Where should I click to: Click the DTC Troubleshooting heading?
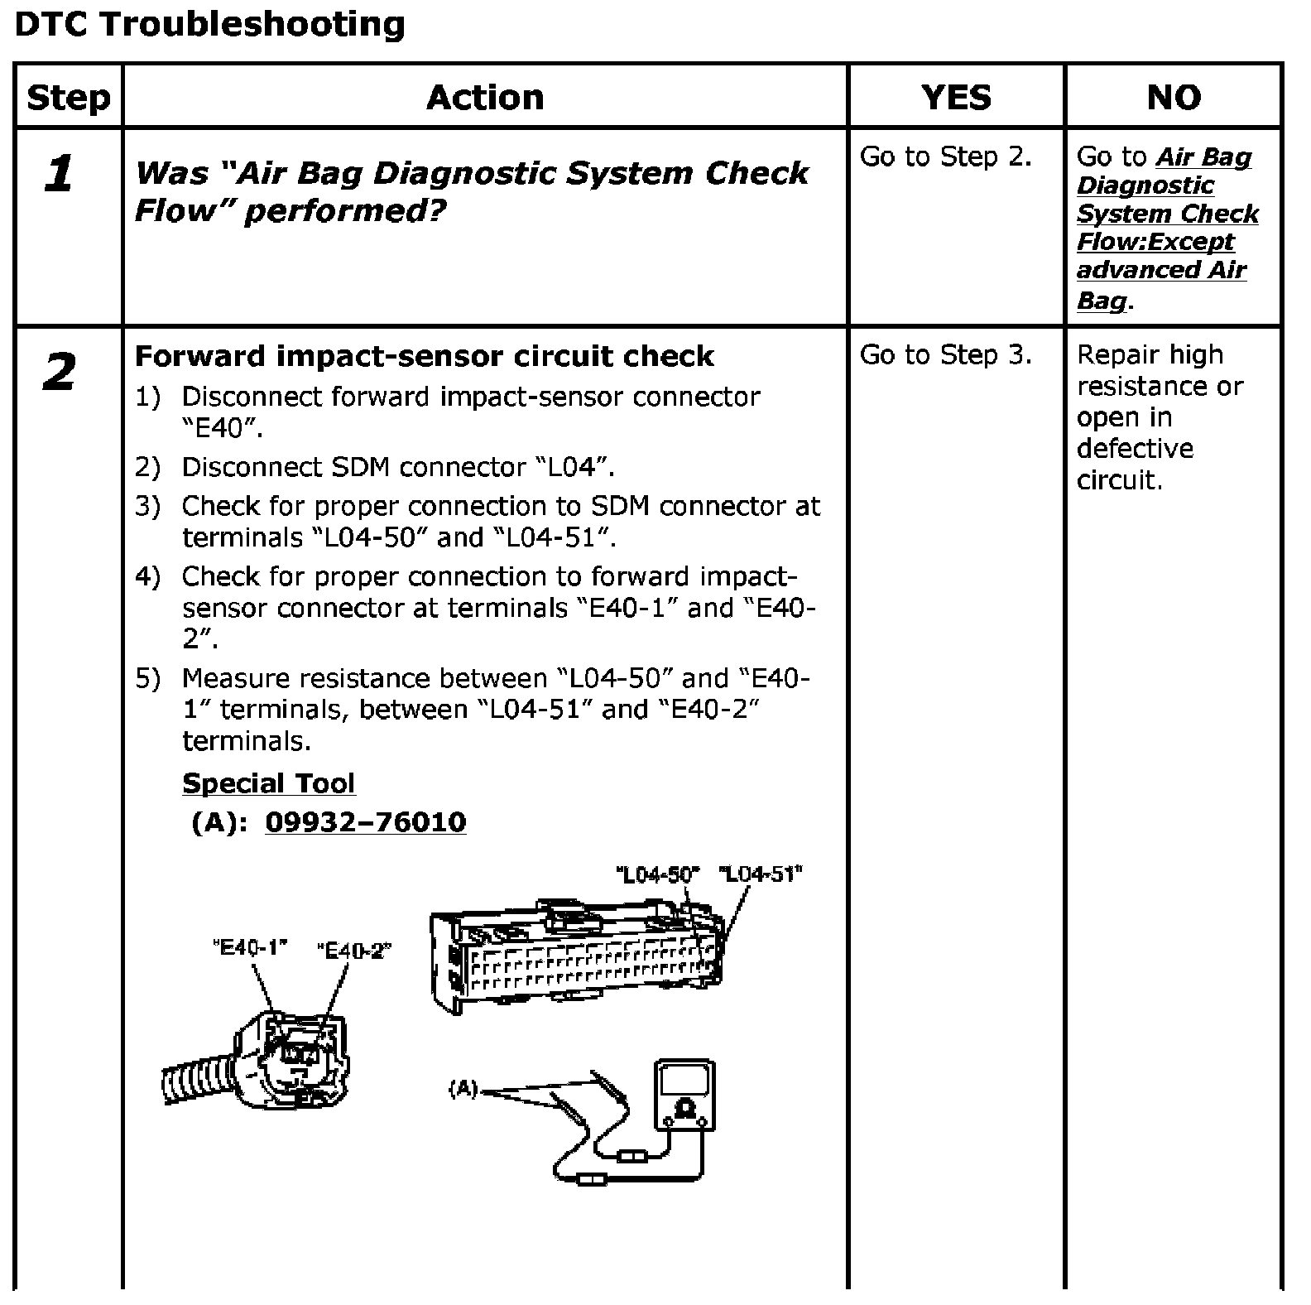210,25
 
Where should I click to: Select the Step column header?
68,98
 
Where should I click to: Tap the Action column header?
485,98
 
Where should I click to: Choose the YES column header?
956,98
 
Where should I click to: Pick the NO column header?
1174,98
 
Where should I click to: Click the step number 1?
59,175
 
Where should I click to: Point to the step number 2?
59,373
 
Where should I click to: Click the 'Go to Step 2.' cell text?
945,157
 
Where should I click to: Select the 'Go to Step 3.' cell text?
945,354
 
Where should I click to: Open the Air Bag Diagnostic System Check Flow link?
1167,228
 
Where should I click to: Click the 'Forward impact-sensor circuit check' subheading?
424,356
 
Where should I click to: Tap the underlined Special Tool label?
268,783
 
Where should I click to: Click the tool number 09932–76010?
365,822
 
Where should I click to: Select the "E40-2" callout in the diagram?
354,951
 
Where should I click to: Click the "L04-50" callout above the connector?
658,874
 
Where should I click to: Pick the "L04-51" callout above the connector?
761,874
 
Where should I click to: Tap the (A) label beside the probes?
463,1089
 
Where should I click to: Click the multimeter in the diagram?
684,1094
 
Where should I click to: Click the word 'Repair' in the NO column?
1113,354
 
